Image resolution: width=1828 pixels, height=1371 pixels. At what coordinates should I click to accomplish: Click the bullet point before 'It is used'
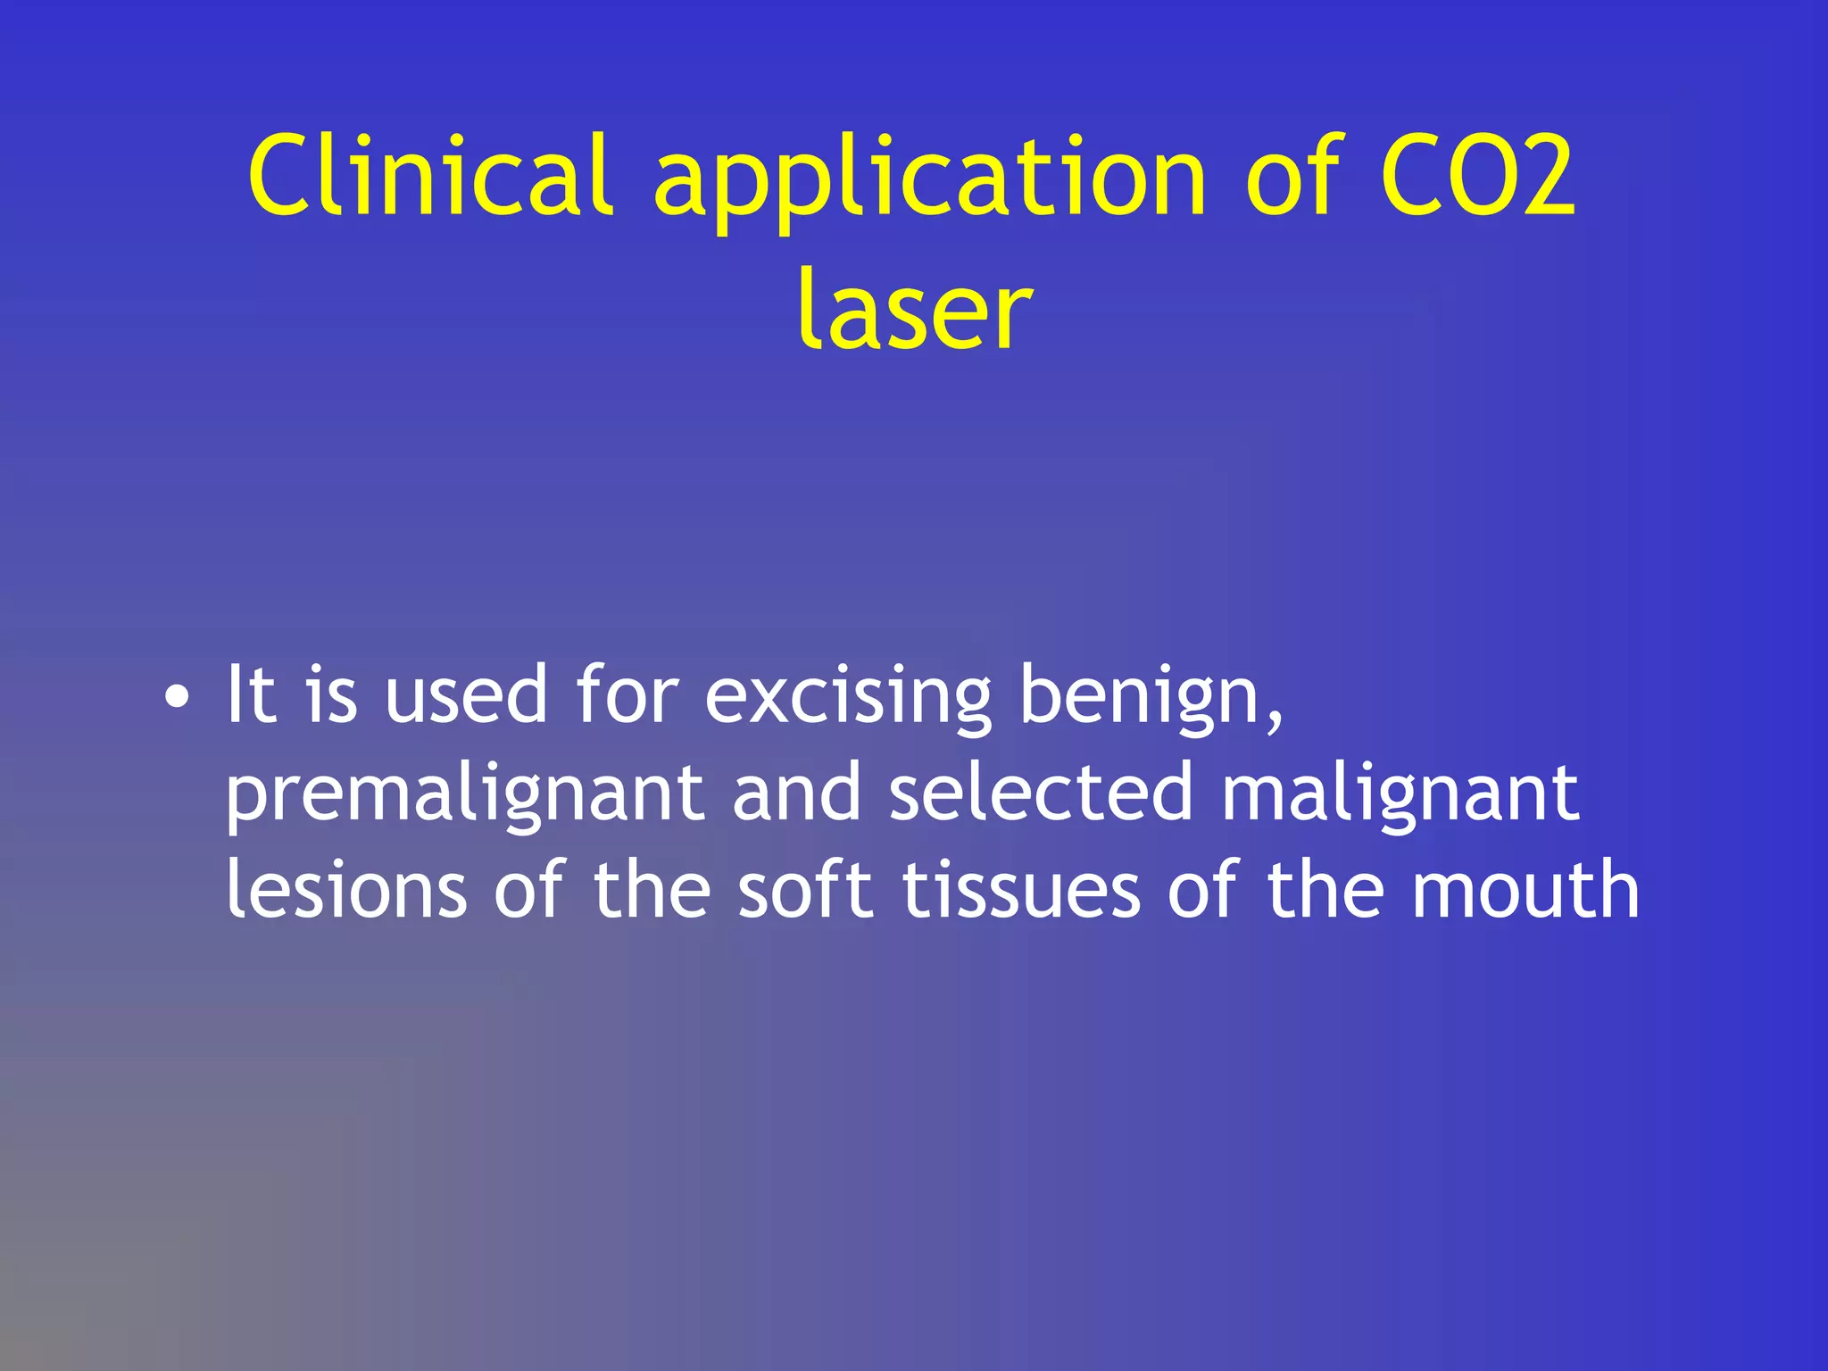pos(177,698)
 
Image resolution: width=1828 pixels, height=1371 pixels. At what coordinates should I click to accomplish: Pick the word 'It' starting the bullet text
pos(250,694)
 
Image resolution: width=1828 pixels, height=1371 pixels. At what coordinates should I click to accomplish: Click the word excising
pos(848,698)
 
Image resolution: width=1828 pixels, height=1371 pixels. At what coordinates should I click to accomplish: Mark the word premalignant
pos(464,794)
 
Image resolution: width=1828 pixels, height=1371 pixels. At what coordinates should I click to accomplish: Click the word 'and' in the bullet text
pos(796,793)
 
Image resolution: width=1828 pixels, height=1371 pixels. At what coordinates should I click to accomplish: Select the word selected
pos(1041,793)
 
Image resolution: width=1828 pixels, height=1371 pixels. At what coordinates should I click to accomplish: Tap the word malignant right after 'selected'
pos(1400,794)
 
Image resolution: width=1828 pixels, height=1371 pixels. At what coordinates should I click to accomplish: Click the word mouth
pos(1525,889)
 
